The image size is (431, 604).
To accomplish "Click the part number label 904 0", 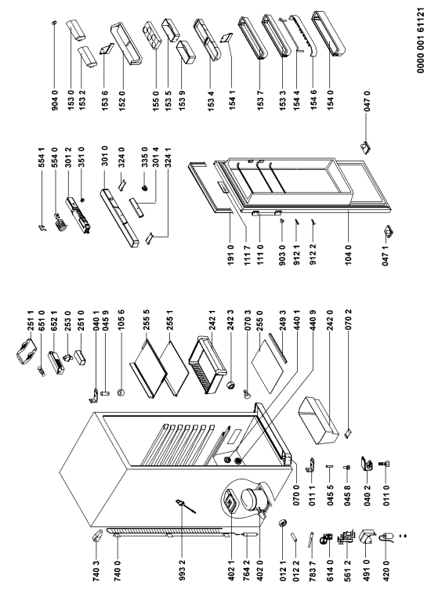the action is click(x=55, y=102).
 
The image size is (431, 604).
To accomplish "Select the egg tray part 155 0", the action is click(x=153, y=34).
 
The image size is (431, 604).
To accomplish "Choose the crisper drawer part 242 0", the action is click(x=318, y=421).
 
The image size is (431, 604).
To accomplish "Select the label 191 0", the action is click(x=230, y=255).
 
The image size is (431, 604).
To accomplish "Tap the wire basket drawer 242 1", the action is click(x=207, y=364).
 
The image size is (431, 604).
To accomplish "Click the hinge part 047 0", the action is click(x=364, y=147).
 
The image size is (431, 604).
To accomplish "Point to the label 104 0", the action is click(x=350, y=255).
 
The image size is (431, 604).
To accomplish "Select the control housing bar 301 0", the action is click(x=119, y=217).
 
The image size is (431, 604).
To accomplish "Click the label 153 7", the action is click(x=261, y=102).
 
